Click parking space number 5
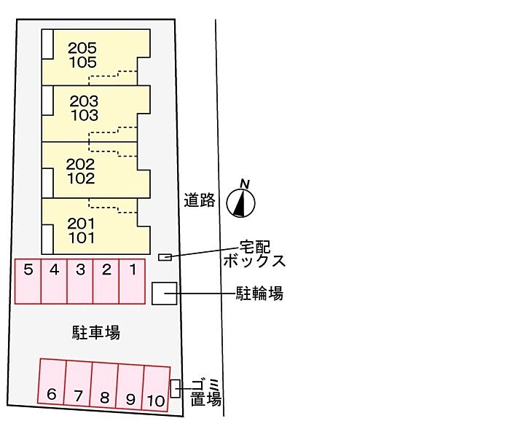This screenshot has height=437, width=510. click(28, 282)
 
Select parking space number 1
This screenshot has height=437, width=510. click(132, 282)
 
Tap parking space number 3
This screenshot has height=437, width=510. click(80, 282)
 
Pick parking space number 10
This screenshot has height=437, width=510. click(156, 388)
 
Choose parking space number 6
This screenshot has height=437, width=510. click(52, 382)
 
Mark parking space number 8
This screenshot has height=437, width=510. click(104, 385)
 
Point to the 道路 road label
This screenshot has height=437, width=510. click(200, 200)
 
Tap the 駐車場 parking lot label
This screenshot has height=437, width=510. click(96, 332)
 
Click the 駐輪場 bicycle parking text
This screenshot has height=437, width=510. click(259, 294)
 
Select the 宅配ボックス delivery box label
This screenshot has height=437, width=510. click(255, 254)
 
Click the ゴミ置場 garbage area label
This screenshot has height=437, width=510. click(206, 393)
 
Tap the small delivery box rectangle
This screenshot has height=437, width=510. click(165, 257)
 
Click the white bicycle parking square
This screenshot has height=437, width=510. click(165, 294)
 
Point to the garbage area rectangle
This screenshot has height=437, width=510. click(176, 388)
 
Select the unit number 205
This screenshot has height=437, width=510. click(82, 48)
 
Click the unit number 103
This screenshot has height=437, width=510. click(85, 115)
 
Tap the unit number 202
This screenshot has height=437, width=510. click(80, 164)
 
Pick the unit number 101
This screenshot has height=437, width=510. click(82, 238)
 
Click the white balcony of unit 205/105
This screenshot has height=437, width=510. click(47, 44)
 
